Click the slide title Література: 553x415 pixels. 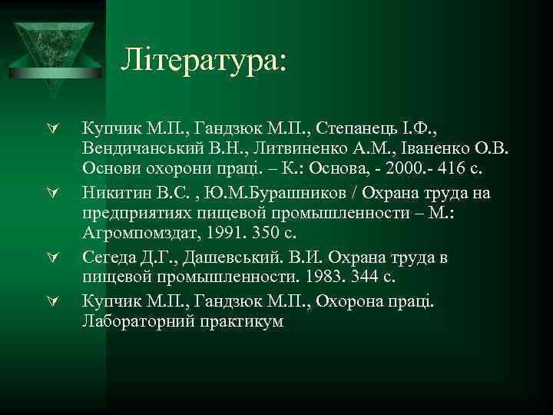tap(204, 59)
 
